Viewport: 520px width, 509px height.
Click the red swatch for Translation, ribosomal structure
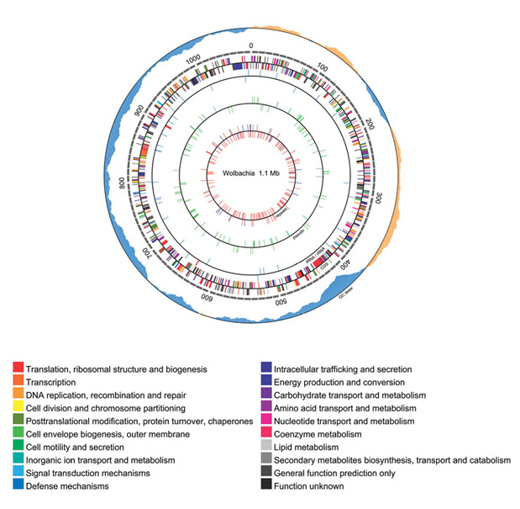18,368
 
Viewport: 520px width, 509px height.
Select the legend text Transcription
55,382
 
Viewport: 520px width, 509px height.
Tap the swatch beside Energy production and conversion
265,382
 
